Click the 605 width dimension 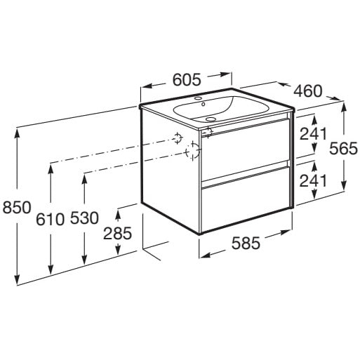pyautogui.click(x=187, y=79)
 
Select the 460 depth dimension pyautogui.click(x=308, y=91)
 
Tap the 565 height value pyautogui.click(x=343, y=148)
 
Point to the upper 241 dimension pyautogui.click(x=313, y=134)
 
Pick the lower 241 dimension pyautogui.click(x=313, y=180)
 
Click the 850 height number pyautogui.click(x=17, y=207)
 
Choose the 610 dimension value pyautogui.click(x=50, y=220)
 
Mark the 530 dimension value pyautogui.click(x=84, y=218)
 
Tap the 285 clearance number pyautogui.click(x=118, y=234)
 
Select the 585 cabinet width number pyautogui.click(x=246, y=243)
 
